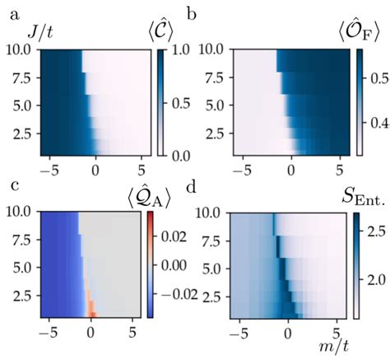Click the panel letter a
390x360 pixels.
[x=7, y=12]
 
